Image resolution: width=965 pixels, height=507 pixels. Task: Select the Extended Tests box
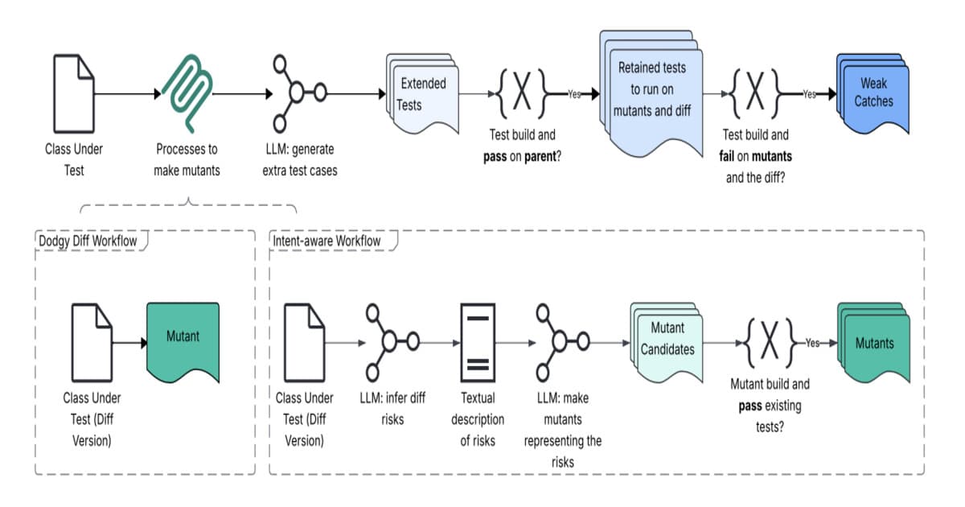click(x=423, y=94)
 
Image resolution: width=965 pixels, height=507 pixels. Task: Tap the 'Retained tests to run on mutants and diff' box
click(x=651, y=90)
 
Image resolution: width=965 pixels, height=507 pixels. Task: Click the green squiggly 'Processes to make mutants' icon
click(x=187, y=94)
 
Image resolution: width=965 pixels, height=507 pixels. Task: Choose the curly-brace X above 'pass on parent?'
click(x=522, y=93)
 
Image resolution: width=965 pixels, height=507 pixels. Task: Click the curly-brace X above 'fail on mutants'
click(x=756, y=93)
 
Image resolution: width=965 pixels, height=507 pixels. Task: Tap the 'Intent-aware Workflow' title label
click(x=326, y=240)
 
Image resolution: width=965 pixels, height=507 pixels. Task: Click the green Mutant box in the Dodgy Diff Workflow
click(x=183, y=342)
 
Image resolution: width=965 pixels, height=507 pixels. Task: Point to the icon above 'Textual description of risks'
click(x=478, y=342)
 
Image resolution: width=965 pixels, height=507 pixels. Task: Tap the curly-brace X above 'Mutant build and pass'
click(x=769, y=342)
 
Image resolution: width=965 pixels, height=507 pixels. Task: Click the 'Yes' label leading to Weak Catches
click(x=809, y=94)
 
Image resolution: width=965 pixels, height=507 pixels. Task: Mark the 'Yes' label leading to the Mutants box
click(x=812, y=343)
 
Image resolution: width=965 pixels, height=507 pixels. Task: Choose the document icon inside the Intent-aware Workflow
click(x=306, y=342)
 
